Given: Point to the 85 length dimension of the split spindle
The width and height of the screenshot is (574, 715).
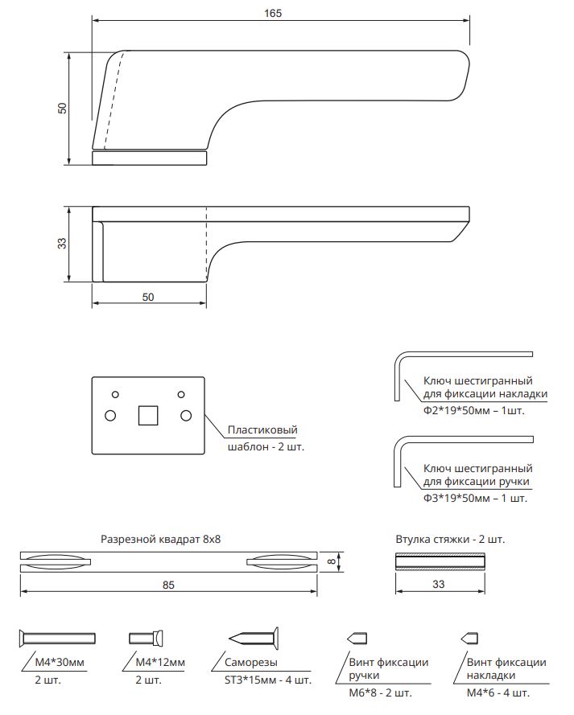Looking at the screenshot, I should click(168, 585).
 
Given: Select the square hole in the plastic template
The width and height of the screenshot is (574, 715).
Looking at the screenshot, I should click(148, 415).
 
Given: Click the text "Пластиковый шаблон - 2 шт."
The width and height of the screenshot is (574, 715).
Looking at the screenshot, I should click(266, 438).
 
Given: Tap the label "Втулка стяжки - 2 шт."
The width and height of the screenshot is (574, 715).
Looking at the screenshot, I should click(450, 539).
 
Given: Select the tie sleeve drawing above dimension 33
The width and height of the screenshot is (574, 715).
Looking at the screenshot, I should click(440, 562).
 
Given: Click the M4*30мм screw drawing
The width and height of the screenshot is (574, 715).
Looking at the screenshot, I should click(56, 639).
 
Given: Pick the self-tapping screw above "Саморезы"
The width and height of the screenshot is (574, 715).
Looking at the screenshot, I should click(253, 639).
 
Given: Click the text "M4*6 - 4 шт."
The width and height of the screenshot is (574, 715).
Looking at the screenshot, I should click(498, 692).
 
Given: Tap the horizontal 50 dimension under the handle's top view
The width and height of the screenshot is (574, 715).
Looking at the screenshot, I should click(148, 297).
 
